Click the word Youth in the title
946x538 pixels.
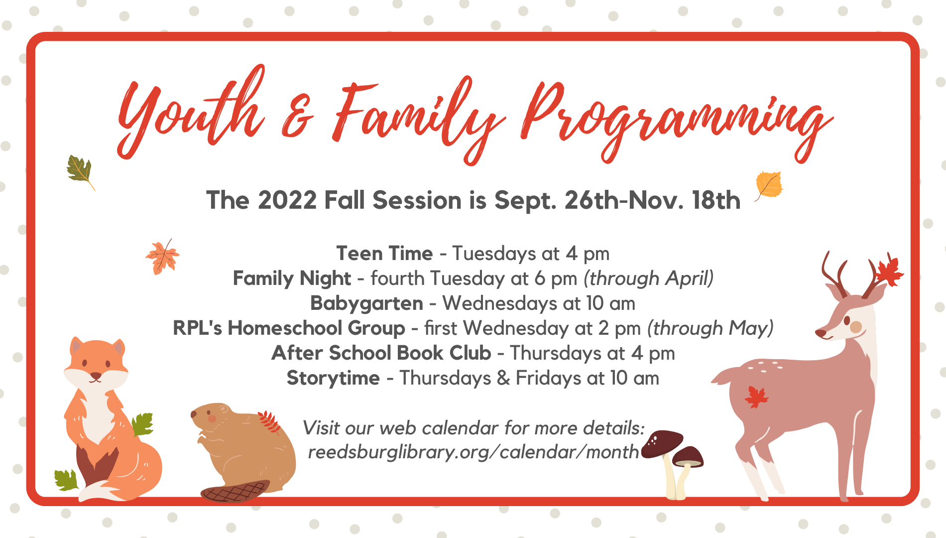[x=192, y=112]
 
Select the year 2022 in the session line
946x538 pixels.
[x=287, y=200]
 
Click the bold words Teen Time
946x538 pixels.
[x=384, y=254]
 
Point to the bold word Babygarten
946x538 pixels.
[x=366, y=304]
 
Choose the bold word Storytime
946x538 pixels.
[x=333, y=378]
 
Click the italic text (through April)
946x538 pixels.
[x=649, y=278]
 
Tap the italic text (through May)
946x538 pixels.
[x=710, y=328]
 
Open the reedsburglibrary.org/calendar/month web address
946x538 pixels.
[x=473, y=452]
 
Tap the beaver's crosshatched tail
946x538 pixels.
[x=235, y=492]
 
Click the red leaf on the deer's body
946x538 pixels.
[x=756, y=398]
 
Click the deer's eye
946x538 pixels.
[x=847, y=320]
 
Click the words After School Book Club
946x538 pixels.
[x=381, y=353]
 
